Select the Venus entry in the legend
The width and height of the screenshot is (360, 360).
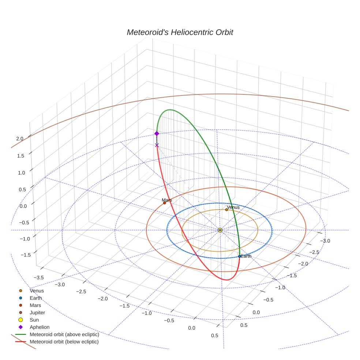[37, 290]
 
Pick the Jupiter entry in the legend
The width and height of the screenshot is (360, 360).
[37, 312]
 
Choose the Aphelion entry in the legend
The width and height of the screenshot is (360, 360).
[40, 327]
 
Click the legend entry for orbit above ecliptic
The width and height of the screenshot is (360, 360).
[64, 334]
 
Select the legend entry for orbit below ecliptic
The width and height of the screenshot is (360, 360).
[64, 342]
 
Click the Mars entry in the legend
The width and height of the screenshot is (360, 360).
[35, 305]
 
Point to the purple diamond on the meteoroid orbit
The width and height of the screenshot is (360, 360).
[157, 134]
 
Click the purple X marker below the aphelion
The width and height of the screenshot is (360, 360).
[157, 145]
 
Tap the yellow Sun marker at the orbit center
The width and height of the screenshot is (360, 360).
[220, 230]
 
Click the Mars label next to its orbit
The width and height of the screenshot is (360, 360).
[167, 200]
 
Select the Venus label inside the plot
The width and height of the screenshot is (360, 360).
[233, 207]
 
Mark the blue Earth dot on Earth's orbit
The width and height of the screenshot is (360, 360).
[239, 256]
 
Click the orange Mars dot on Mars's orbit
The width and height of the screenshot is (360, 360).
[164, 203]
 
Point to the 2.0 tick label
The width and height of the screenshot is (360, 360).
[20, 139]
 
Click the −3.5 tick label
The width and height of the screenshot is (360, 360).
[38, 278]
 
